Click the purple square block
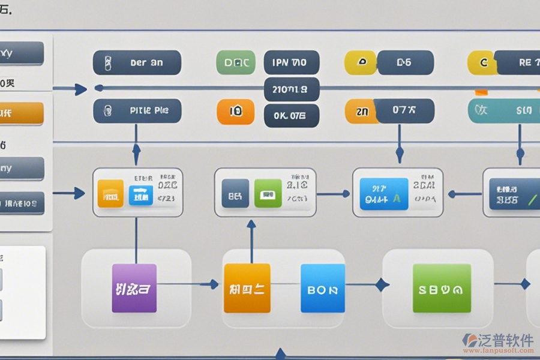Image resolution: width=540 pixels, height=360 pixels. tap(134, 288)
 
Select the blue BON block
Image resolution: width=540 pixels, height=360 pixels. tap(323, 289)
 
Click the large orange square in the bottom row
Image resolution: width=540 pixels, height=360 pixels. tap(247, 288)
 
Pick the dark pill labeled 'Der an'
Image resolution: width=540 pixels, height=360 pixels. tap(137, 62)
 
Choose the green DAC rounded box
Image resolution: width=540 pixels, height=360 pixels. tap(235, 62)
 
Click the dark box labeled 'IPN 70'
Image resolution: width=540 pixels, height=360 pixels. tap(292, 62)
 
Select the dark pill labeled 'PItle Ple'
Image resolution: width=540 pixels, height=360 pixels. tap(137, 111)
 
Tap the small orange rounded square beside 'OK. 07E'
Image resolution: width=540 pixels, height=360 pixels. tap(235, 112)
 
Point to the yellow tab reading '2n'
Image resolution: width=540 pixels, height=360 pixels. tap(360, 112)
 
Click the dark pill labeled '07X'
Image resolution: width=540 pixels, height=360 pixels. tap(404, 111)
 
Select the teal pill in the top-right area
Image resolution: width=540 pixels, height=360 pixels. tap(504, 111)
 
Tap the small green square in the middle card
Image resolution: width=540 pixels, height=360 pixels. tap(268, 194)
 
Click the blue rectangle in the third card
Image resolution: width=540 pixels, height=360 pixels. tap(383, 193)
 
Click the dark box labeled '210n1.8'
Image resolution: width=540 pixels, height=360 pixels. tap(292, 89)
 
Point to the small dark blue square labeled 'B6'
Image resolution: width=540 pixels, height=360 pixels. tap(235, 194)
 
